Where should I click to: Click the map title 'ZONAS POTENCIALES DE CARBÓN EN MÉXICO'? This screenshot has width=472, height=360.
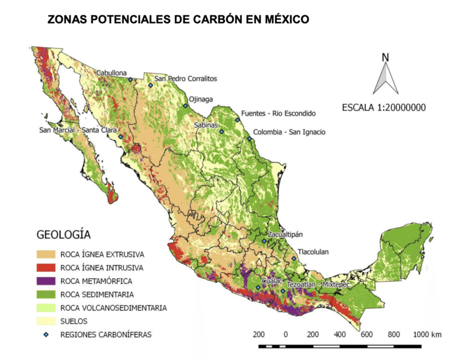point(178,19)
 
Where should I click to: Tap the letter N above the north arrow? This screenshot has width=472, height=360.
point(385,57)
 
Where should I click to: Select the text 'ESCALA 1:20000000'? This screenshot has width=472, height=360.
point(384,108)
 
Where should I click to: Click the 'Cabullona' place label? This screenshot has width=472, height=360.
point(112,73)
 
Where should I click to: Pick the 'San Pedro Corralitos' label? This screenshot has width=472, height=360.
point(186,78)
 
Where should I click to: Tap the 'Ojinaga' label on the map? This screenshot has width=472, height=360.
point(201,99)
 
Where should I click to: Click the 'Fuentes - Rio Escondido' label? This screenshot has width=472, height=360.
point(278,113)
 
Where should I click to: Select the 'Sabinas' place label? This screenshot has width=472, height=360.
point(206,125)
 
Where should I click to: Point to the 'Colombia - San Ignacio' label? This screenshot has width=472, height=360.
point(289,132)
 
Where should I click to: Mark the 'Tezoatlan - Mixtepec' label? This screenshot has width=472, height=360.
point(319,284)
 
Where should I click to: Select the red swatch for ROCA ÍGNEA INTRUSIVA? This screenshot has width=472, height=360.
point(46,268)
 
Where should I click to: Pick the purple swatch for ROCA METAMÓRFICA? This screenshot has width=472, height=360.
point(46,281)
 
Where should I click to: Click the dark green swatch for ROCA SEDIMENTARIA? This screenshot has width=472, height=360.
point(46,294)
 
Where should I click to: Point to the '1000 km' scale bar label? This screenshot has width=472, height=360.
point(428,335)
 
